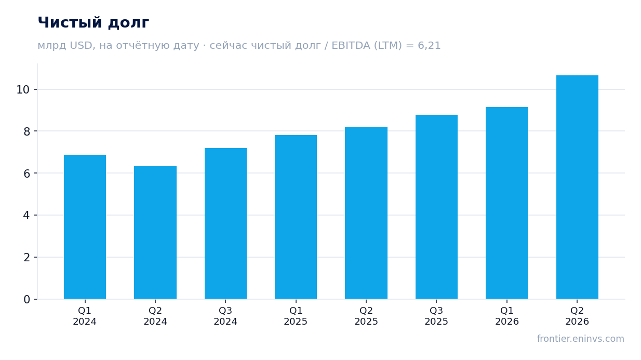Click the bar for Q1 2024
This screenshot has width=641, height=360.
tap(85, 226)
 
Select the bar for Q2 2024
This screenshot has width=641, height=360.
tap(155, 232)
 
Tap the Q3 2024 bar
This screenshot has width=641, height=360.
tap(225, 223)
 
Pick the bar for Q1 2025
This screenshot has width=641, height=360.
tap(296, 217)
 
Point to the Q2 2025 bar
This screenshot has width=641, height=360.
tap(366, 213)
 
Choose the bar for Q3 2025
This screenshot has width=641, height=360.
tap(436, 207)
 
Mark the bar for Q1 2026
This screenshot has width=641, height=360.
tap(506, 203)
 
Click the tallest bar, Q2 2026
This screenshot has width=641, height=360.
tap(577, 187)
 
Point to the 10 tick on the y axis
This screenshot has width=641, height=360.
tap(23, 89)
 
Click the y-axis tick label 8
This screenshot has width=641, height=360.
tap(26, 131)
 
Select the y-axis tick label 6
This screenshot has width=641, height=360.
tap(26, 174)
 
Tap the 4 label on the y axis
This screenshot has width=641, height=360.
tap(26, 216)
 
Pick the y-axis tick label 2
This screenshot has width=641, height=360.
tap(26, 258)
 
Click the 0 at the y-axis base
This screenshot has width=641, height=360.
tap(26, 300)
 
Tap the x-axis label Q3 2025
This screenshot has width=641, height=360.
tap(436, 316)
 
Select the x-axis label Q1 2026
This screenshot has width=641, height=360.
tap(507, 316)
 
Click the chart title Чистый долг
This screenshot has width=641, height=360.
tap(94, 23)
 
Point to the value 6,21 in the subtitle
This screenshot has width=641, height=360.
tap(429, 46)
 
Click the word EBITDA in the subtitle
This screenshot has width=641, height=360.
tap(351, 45)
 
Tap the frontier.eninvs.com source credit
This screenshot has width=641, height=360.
tap(581, 339)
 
